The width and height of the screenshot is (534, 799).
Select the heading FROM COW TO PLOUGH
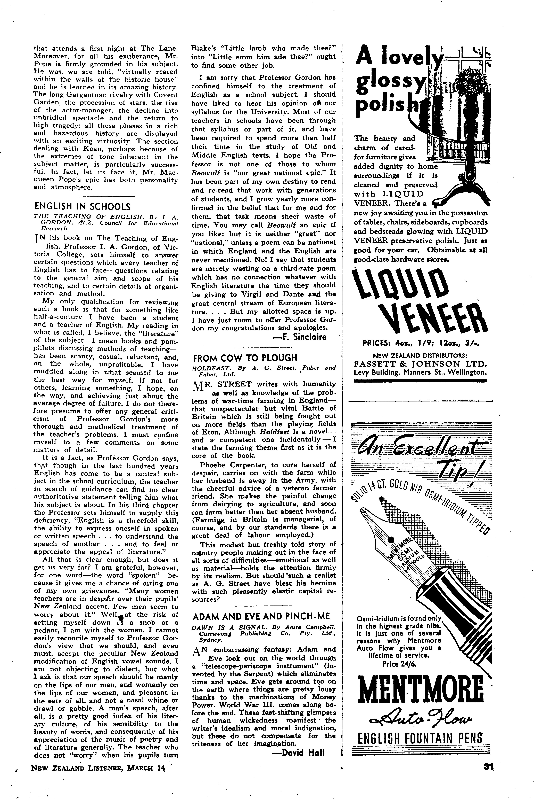pyautogui.click(x=245, y=358)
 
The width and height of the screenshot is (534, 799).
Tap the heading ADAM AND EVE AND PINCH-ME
pyautogui.click(x=261, y=616)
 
